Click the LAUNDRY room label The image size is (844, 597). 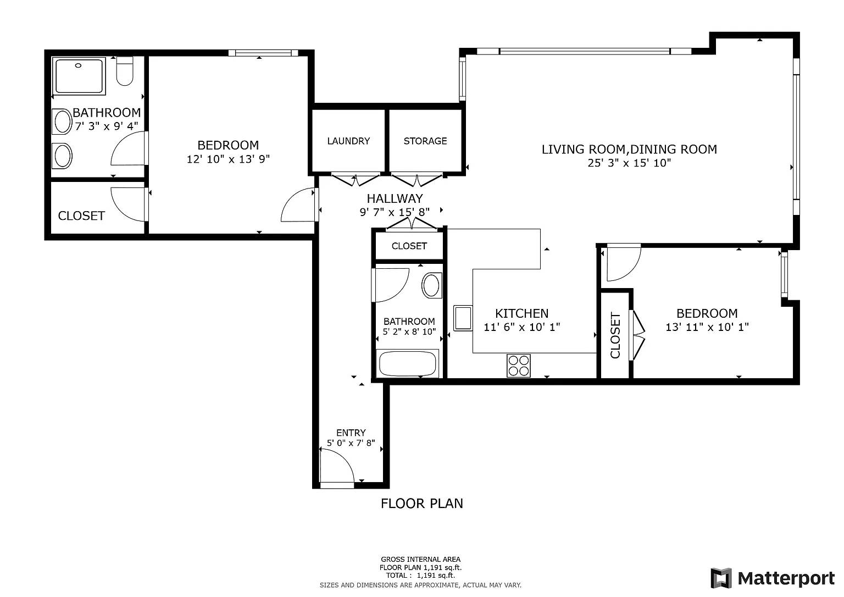[x=348, y=141]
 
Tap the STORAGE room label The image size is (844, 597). [x=425, y=141]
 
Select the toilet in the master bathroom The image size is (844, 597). [x=125, y=71]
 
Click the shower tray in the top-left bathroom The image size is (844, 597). [x=79, y=76]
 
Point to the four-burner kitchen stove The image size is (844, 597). [x=519, y=366]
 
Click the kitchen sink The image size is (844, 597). [x=463, y=318]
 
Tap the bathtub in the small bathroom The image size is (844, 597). [x=407, y=363]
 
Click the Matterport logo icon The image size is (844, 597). [x=721, y=578]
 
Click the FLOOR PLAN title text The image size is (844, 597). [x=421, y=504]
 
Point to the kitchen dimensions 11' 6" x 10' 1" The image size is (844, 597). [x=522, y=327]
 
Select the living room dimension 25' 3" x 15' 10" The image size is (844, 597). [x=629, y=163]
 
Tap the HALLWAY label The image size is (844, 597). [x=395, y=198]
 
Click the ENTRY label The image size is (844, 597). [x=351, y=433]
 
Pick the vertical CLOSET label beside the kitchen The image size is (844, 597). [x=615, y=335]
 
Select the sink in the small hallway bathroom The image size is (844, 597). [x=431, y=285]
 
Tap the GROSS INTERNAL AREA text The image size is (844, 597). [x=420, y=559]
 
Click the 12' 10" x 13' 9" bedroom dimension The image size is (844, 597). [x=229, y=159]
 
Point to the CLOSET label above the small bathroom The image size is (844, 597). [x=409, y=246]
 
